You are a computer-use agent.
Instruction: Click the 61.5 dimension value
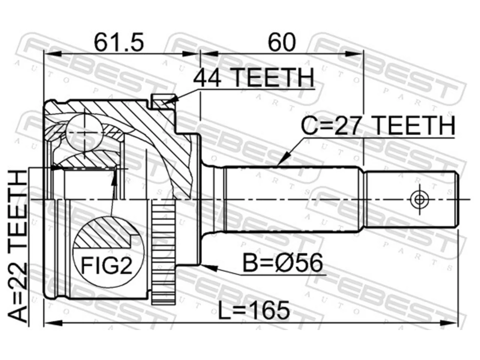pos(119,42)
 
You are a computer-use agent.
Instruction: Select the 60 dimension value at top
pos(282,42)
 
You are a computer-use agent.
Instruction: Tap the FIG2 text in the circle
pos(107,265)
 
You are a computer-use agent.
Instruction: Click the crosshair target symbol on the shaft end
pos(419,199)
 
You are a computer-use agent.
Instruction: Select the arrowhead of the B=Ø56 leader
pos(210,267)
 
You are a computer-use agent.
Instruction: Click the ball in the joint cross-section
pos(84,133)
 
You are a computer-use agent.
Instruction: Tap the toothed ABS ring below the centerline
pos(163,252)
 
